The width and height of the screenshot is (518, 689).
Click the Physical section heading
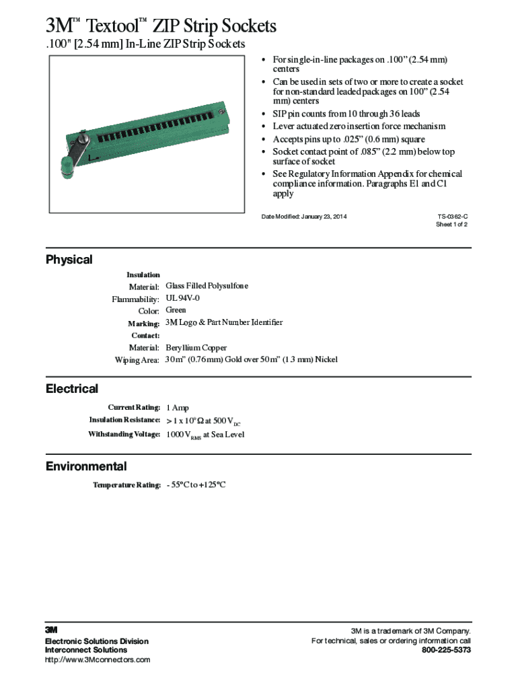pyautogui.click(x=69, y=260)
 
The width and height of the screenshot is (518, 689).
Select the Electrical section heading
pyautogui.click(x=71, y=389)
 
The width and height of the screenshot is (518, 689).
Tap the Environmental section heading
pyautogui.click(x=85, y=466)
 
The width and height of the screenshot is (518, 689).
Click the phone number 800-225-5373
pyautogui.click(x=446, y=650)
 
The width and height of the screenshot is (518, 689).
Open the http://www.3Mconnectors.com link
pyautogui.click(x=98, y=659)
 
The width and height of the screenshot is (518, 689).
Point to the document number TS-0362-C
pyautogui.click(x=452, y=216)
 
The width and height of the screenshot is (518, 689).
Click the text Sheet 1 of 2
pyautogui.click(x=451, y=225)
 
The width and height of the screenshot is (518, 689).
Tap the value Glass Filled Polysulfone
pyautogui.click(x=207, y=286)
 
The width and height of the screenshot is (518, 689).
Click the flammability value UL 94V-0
pyautogui.click(x=182, y=298)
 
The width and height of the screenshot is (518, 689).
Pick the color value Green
pyautogui.click(x=176, y=310)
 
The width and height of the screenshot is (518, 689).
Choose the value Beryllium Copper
pyautogui.click(x=196, y=348)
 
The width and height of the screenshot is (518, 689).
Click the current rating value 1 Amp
pyautogui.click(x=177, y=408)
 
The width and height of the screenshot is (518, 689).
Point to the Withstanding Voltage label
pyautogui.click(x=124, y=434)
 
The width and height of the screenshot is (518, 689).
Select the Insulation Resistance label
pyautogui.click(x=124, y=420)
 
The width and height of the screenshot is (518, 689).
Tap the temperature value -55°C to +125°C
pyautogui.click(x=196, y=484)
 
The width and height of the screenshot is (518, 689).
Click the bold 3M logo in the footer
pyautogui.click(x=52, y=630)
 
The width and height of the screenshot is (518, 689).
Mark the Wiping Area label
pyautogui.click(x=137, y=360)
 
